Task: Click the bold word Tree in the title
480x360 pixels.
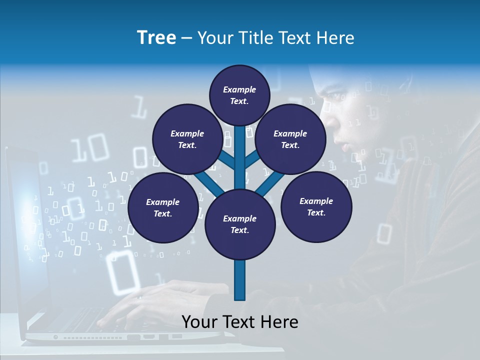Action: (156, 37)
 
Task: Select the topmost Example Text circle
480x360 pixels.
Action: (239, 95)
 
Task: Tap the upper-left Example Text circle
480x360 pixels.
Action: (187, 139)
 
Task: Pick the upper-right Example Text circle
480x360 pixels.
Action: (290, 139)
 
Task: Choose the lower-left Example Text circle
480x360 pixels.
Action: (162, 207)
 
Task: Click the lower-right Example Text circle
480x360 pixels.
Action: (316, 206)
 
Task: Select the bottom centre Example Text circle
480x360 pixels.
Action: (240, 224)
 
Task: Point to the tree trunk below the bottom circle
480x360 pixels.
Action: (240, 280)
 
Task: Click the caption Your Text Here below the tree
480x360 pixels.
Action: (240, 322)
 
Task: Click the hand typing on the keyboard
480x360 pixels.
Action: (150, 300)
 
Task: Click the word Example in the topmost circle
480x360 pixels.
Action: (239, 89)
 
